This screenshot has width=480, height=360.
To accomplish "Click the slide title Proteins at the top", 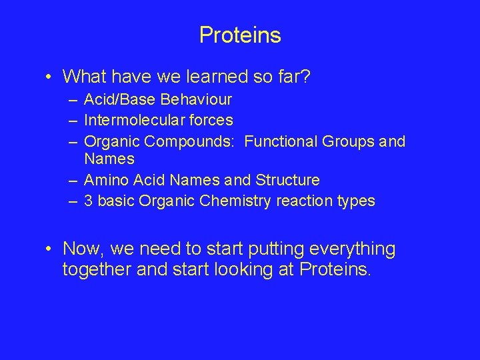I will [x=240, y=35].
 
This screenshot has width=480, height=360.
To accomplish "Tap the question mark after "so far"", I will [x=305, y=77].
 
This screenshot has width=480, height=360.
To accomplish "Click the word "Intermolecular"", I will [x=133, y=120].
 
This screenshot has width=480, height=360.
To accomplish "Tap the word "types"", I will [x=357, y=201].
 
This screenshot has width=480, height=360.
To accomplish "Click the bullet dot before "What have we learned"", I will [x=49, y=77].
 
